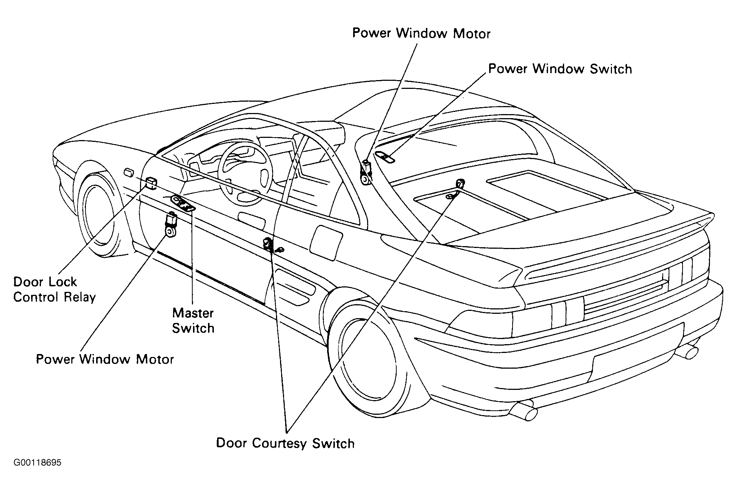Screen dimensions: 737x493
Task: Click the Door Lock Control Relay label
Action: [x=54, y=289]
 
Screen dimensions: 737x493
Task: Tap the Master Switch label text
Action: [x=193, y=321]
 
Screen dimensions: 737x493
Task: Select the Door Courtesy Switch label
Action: [x=286, y=443]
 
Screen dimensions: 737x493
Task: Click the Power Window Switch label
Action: [x=560, y=69]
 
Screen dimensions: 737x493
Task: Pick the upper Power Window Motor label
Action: [x=421, y=33]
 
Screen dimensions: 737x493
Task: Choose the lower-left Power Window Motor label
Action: [x=105, y=359]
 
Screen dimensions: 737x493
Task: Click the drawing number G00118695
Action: [x=38, y=463]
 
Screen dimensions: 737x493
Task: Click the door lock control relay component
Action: [x=151, y=182]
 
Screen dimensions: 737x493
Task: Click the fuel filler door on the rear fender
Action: [x=326, y=243]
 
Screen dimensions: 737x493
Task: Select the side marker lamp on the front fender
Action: [x=129, y=172]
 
